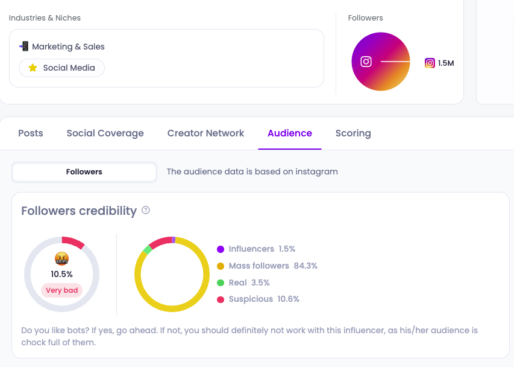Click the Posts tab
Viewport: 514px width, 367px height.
click(x=31, y=133)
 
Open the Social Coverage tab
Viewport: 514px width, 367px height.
click(x=105, y=133)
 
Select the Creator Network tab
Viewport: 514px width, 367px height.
click(x=205, y=133)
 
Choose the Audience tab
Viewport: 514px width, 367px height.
click(x=290, y=133)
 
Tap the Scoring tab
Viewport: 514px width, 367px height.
click(x=353, y=133)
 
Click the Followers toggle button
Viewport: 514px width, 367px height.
click(x=84, y=172)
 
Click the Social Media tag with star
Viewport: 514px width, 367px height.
click(x=62, y=68)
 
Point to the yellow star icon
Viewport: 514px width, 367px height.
click(x=33, y=68)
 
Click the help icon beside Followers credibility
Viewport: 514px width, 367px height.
click(x=146, y=211)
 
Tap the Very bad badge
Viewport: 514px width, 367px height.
click(x=62, y=290)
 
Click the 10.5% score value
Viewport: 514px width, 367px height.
click(x=61, y=274)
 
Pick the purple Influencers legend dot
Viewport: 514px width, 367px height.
click(x=221, y=249)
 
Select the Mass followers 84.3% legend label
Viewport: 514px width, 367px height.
click(x=273, y=266)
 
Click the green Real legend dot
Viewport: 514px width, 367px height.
click(x=221, y=282)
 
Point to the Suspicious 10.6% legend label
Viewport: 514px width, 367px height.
click(x=264, y=299)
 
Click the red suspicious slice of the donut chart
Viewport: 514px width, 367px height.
click(x=160, y=243)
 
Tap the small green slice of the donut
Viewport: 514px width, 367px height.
click(x=148, y=249)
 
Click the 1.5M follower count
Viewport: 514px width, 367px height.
click(x=446, y=63)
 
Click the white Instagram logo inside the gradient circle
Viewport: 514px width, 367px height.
click(x=366, y=62)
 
